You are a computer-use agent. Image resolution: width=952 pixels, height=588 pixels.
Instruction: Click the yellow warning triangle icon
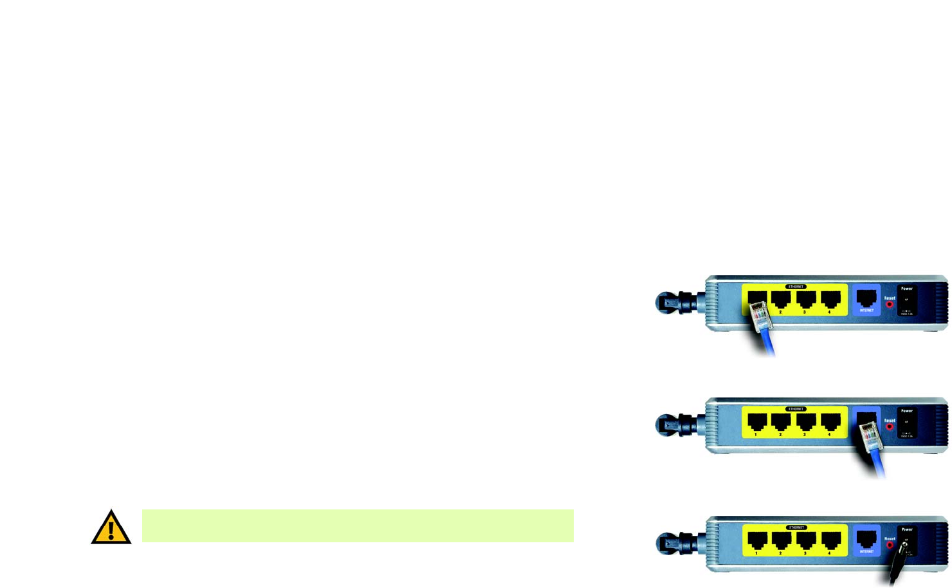pyautogui.click(x=111, y=528)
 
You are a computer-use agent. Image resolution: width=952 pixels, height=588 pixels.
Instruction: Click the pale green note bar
pyautogui.click(x=357, y=526)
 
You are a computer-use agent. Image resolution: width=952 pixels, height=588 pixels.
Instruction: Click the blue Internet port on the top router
pyautogui.click(x=866, y=299)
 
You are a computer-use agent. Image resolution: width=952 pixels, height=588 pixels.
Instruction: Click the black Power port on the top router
pyautogui.click(x=906, y=300)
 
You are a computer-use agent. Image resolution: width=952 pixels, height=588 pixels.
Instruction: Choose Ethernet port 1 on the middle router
pyautogui.click(x=756, y=422)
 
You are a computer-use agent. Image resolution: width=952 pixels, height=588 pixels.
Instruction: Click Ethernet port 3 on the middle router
pyautogui.click(x=805, y=422)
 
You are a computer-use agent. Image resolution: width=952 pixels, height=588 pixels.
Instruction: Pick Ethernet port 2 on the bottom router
pyautogui.click(x=781, y=540)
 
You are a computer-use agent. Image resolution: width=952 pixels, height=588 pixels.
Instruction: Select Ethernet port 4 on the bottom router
pyautogui.click(x=830, y=540)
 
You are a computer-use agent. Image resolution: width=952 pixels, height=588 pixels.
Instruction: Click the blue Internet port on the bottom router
pyautogui.click(x=866, y=540)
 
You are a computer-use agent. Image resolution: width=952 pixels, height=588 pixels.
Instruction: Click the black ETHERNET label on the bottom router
pyautogui.click(x=796, y=527)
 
